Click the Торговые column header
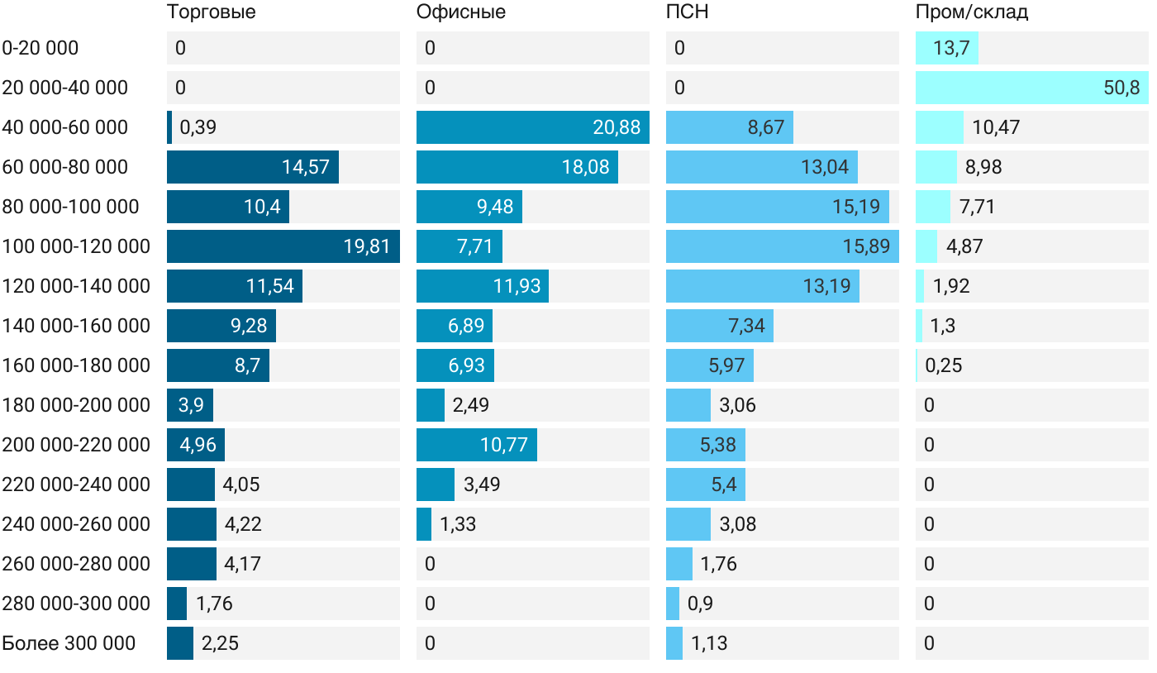pyautogui.click(x=211, y=12)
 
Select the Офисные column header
pyautogui.click(x=460, y=12)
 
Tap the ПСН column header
pyautogui.click(x=687, y=12)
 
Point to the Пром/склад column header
pyautogui.click(x=971, y=12)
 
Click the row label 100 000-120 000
pyautogui.click(x=76, y=246)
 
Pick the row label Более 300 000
pyautogui.click(x=69, y=643)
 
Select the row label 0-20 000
pyautogui.click(x=40, y=48)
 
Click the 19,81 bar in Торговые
pyautogui.click(x=283, y=246)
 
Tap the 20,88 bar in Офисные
pyautogui.click(x=532, y=127)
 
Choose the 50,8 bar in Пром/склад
pyautogui.click(x=1031, y=88)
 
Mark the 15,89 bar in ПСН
pyautogui.click(x=782, y=246)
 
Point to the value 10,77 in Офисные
pyautogui.click(x=503, y=445)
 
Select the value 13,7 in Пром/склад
pyautogui.click(x=950, y=48)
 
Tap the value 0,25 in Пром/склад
pyautogui.click(x=944, y=365)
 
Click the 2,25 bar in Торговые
pyautogui.click(x=180, y=643)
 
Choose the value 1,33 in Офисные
pyautogui.click(x=458, y=524)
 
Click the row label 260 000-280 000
pyautogui.click(x=76, y=564)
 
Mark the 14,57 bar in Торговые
pyautogui.click(x=252, y=167)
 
